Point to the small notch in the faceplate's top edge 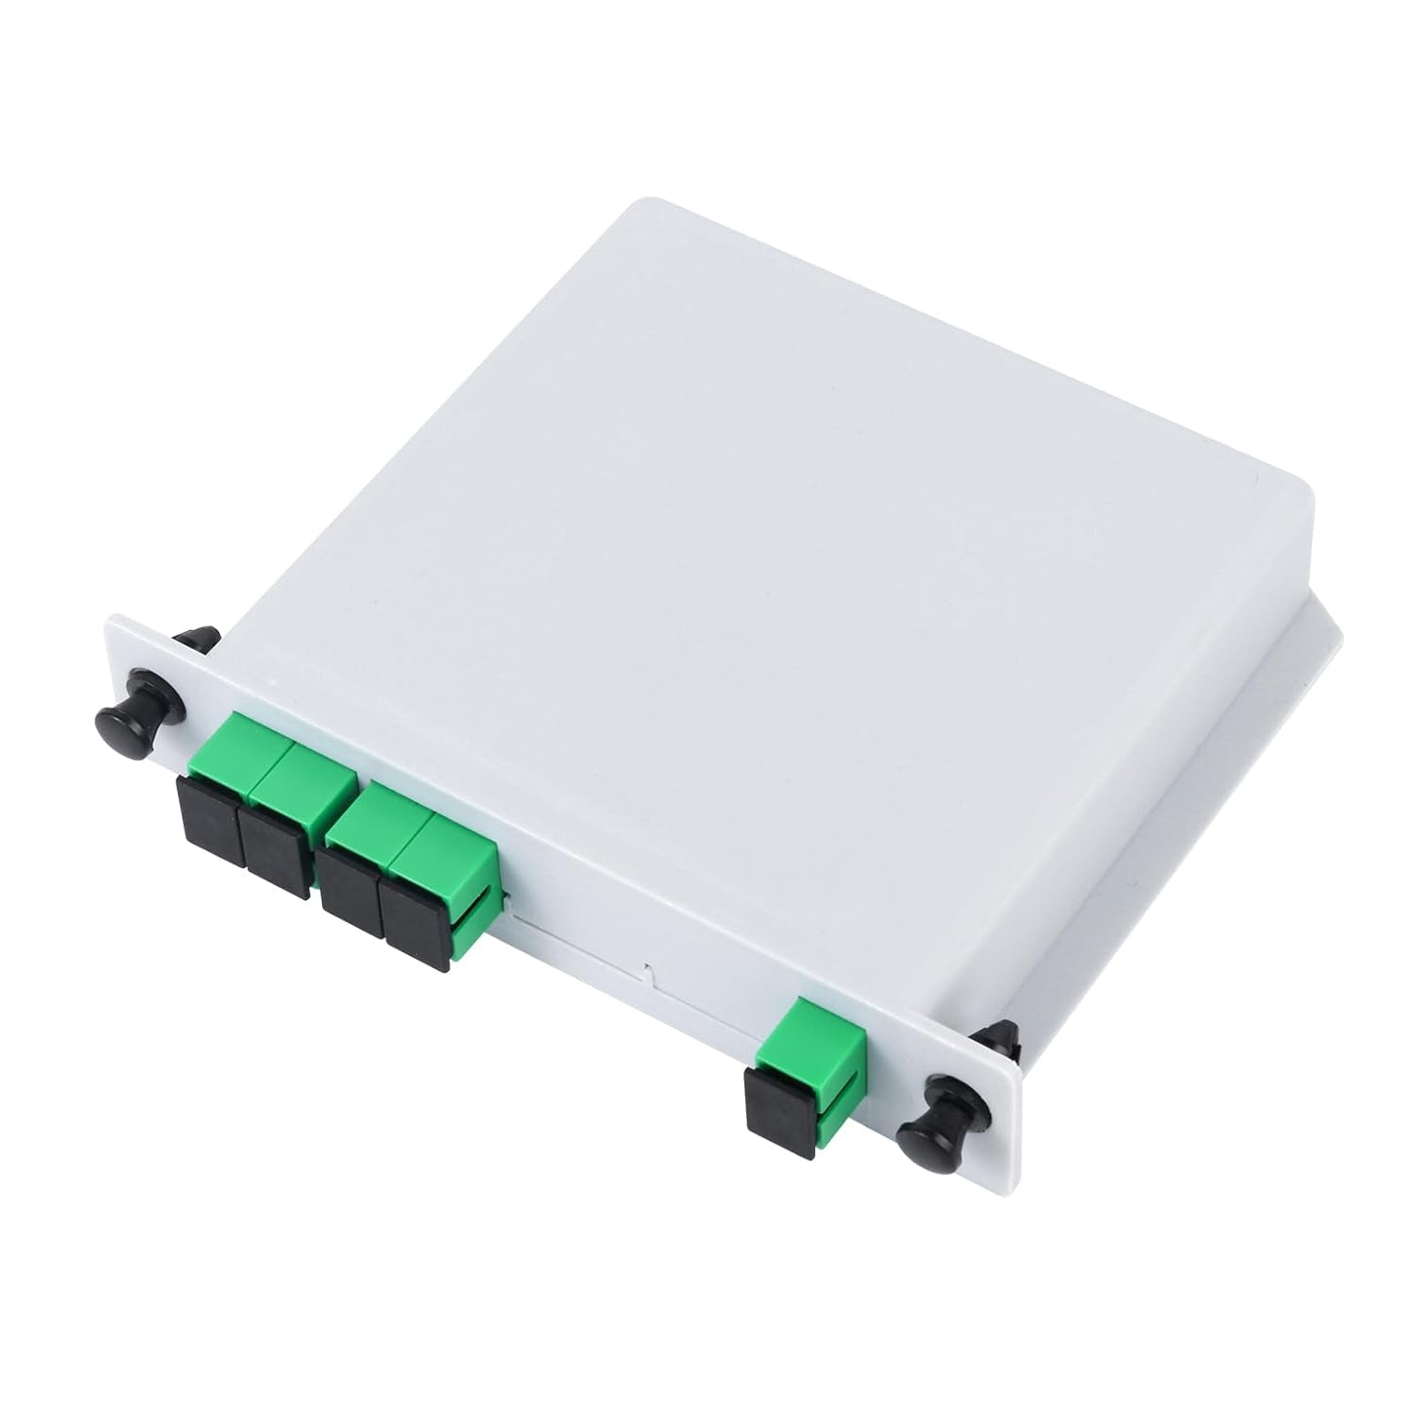[648, 968]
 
